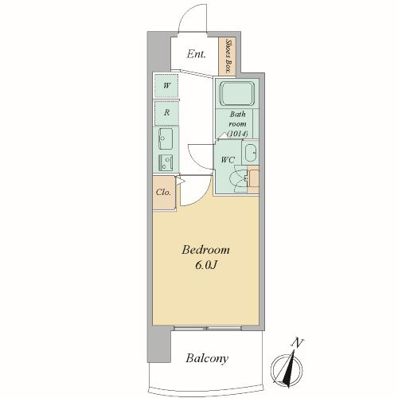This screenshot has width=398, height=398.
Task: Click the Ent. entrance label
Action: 196,54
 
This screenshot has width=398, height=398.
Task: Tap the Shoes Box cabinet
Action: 227,57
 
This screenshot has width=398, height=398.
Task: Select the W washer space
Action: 166,85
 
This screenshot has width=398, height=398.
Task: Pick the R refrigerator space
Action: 166,113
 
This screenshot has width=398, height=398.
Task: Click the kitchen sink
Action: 166,139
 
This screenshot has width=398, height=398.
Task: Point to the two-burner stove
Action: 166,162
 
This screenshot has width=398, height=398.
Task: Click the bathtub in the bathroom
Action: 237,94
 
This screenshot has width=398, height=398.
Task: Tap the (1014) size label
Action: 237,134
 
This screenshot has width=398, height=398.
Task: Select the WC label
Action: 228,160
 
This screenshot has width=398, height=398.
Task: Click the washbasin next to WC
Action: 251,153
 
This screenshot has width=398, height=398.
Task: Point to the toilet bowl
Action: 239,179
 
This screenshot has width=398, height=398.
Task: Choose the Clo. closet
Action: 164,193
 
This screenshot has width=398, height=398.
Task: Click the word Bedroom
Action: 205,250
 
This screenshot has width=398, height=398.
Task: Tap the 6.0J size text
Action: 206,265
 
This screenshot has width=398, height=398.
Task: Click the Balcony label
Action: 207,358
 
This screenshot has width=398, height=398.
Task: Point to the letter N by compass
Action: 298,343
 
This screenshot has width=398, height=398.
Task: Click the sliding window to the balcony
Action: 208,329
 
